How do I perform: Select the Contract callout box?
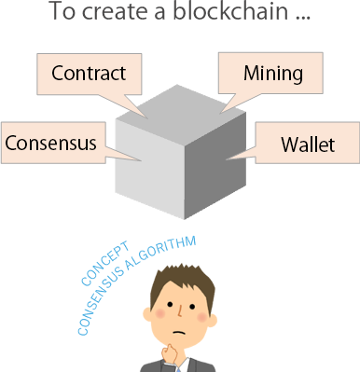(x=89, y=73)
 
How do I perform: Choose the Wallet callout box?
(x=307, y=145)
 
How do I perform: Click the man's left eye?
(x=165, y=307)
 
